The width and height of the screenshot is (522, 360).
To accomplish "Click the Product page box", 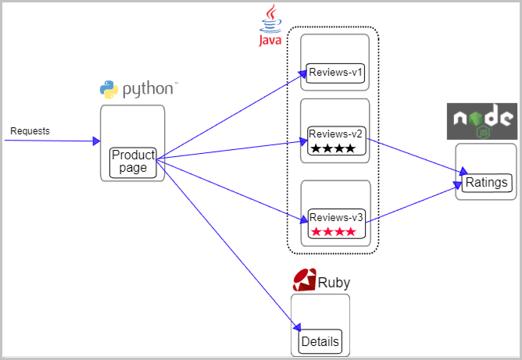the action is pos(133,162).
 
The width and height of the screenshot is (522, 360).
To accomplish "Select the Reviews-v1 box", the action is pos(335,73).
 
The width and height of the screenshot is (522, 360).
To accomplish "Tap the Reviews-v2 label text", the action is pos(335,134).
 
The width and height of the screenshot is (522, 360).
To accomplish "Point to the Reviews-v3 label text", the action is pos(336,217).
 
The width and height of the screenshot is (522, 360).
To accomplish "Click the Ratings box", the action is pos(487,183).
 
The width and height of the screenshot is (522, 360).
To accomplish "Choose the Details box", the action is pos(320,342).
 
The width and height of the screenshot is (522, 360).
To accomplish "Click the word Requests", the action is pos(30,130).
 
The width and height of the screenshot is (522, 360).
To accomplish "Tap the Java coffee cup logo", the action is pos(270,25).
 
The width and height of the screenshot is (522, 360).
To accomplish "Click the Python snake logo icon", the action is pos(109,90).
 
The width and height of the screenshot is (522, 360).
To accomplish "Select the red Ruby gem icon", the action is pos(304,280).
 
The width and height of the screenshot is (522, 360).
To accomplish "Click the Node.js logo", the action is pos(481,121).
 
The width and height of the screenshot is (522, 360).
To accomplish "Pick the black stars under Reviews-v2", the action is pos(333,148).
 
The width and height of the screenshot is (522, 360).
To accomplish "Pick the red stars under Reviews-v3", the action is pos(334,231).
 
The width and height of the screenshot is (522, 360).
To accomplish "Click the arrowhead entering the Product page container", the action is pos(97,141).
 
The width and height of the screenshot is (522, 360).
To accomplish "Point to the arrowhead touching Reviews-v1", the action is pos(303,74).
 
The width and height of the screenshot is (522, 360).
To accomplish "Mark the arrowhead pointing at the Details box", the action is pos(297,328).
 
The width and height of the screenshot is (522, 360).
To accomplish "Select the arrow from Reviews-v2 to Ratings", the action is pos(417,156).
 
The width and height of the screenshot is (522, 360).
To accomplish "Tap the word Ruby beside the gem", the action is pos(334,283).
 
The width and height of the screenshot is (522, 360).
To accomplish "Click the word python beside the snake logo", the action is pos(148,89).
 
